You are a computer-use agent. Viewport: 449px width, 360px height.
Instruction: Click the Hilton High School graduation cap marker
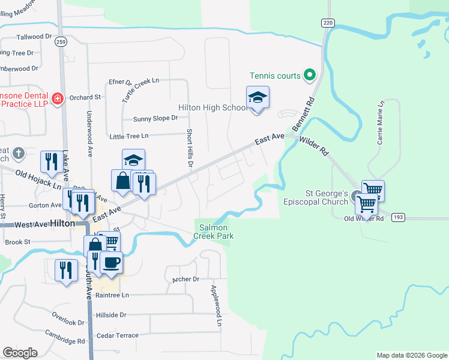pyautogui.click(x=258, y=98)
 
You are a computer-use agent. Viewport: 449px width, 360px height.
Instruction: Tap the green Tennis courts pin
pyautogui.click(x=310, y=76)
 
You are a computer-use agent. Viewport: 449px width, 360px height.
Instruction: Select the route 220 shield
pyautogui.click(x=327, y=23)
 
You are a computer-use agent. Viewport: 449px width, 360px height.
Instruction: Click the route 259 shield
pyautogui.click(x=59, y=42)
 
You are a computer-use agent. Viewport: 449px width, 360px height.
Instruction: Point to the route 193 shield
pyautogui.click(x=397, y=217)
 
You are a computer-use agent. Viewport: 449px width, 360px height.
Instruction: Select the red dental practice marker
pyautogui.click(x=58, y=98)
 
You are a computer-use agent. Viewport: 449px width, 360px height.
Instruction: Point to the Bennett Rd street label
pyautogui.click(x=303, y=114)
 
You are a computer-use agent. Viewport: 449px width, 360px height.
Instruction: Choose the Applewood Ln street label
pyautogui.click(x=216, y=305)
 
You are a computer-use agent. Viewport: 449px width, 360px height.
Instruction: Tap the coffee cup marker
pyautogui.click(x=111, y=263)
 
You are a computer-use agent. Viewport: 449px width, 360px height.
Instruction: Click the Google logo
pyautogui.click(x=20, y=352)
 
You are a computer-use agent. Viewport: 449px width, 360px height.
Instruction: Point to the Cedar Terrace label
pyautogui.click(x=118, y=335)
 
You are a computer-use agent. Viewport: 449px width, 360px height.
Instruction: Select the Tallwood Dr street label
pyautogui.click(x=34, y=37)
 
